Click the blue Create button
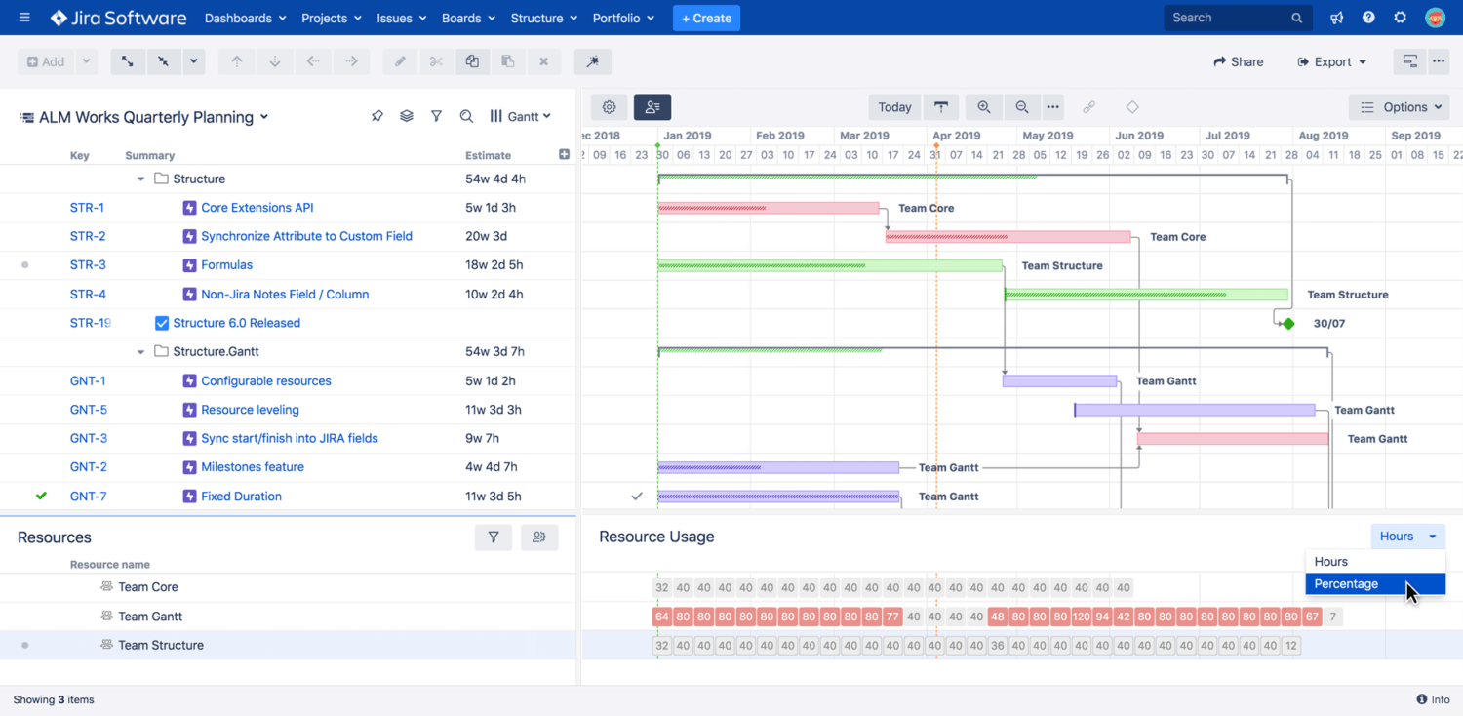coord(706,19)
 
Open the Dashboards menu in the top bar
coord(245,19)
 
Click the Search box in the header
coord(1229,18)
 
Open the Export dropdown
coord(1331,61)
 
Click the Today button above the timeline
coord(894,107)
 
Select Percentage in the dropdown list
coord(1346,583)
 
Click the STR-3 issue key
coord(88,265)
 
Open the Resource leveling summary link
coord(250,410)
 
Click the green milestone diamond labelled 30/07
coord(1288,323)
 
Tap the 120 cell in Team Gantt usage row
coord(1081,617)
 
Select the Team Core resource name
coord(148,587)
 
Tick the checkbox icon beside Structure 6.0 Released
coord(162,323)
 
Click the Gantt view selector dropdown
coord(521,116)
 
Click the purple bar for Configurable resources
coord(1059,381)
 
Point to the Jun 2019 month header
coord(1139,136)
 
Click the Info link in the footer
coord(1433,699)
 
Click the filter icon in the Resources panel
coord(494,537)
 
